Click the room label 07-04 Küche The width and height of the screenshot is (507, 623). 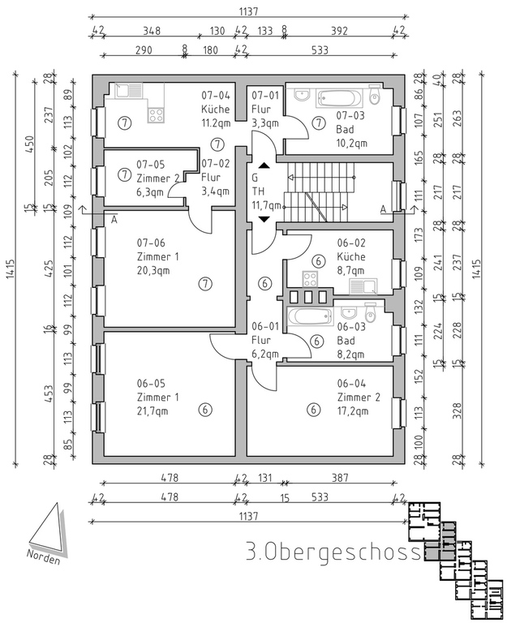[216, 102]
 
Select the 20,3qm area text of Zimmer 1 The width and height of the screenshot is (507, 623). [153, 271]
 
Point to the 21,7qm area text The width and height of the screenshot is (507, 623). [153, 411]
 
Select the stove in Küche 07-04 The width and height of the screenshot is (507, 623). [156, 114]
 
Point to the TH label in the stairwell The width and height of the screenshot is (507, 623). [256, 191]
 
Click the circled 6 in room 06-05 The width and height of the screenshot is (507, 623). [205, 410]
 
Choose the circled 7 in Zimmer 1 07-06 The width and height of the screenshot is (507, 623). [205, 283]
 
